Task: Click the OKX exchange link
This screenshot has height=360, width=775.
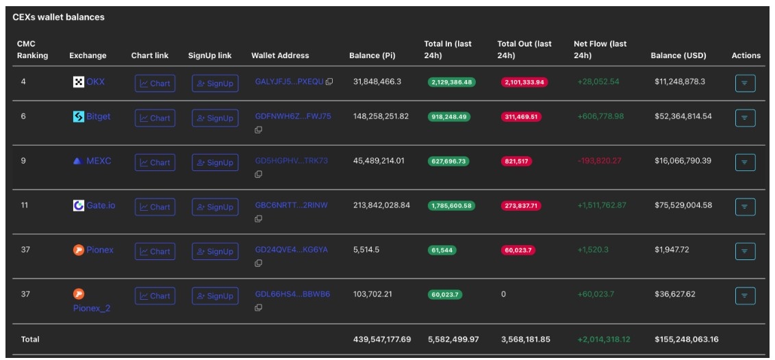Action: pyautogui.click(x=95, y=82)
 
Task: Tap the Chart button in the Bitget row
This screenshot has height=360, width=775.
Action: pyautogui.click(x=155, y=118)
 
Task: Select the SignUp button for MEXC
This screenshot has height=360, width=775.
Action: pyautogui.click(x=215, y=162)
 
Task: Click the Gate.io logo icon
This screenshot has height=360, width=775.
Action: pyautogui.click(x=79, y=205)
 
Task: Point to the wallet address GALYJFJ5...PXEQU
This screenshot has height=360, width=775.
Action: pyautogui.click(x=289, y=81)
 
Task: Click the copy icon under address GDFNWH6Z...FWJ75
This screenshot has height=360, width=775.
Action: pyautogui.click(x=258, y=130)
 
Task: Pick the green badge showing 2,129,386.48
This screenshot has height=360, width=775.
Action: pyautogui.click(x=452, y=82)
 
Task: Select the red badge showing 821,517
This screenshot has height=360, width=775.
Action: pyautogui.click(x=516, y=161)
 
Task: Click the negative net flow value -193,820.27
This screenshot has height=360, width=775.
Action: pyautogui.click(x=600, y=160)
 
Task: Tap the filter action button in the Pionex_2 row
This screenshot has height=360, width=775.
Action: pyautogui.click(x=745, y=296)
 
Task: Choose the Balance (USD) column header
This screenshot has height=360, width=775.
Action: pyautogui.click(x=678, y=55)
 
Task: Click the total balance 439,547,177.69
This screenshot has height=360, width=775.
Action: pyautogui.click(x=382, y=339)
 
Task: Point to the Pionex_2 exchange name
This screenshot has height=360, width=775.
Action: pyautogui.click(x=92, y=308)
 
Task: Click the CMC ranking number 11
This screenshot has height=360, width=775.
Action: pyautogui.click(x=25, y=205)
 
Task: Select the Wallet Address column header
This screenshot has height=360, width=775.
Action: pyautogui.click(x=280, y=55)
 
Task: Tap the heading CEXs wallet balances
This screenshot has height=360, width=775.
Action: pyautogui.click(x=58, y=17)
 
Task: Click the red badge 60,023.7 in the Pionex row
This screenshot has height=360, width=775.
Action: pyautogui.click(x=518, y=250)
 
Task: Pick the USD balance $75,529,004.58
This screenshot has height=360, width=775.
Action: pyautogui.click(x=683, y=205)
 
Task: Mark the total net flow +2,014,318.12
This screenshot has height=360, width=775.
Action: pyautogui.click(x=604, y=339)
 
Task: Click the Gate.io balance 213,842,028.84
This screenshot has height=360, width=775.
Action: pyautogui.click(x=381, y=205)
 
